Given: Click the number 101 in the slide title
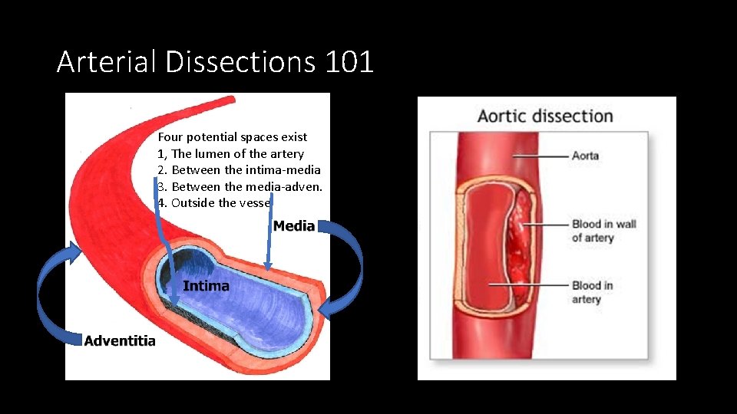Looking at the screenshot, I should coord(349,61).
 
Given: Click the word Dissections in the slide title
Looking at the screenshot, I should coord(240,61).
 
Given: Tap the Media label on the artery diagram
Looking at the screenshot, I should coord(294,225).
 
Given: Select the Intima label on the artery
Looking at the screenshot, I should coord(206,286).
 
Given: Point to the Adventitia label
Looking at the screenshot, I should coord(120,340).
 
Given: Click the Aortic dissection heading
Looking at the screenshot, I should coord(545,117).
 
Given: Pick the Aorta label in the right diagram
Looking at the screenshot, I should coord(585,156).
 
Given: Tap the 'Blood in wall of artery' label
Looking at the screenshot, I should coord(603,231).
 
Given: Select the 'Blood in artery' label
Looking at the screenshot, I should coord(592,292).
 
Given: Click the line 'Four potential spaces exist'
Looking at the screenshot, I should coord(232,137).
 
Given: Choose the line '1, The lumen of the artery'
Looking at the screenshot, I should coord(230,154).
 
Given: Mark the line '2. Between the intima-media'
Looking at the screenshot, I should coord(239,170).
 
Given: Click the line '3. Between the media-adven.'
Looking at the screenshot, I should coord(245,186).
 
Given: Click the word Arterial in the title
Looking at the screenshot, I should coord(107,61).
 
